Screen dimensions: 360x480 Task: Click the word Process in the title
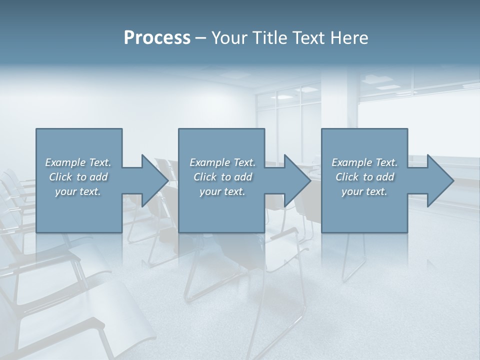(x=157, y=38)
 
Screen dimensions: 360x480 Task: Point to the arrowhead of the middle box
(x=296, y=180)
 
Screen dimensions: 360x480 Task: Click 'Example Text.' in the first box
(x=78, y=162)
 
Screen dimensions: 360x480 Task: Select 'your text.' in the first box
(x=78, y=191)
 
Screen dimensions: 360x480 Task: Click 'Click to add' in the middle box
(x=222, y=177)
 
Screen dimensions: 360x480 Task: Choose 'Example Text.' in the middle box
(x=222, y=162)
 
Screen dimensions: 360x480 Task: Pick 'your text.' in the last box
(x=364, y=191)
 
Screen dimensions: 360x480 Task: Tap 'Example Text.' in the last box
(x=364, y=162)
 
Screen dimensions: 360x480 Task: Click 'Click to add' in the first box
(x=78, y=177)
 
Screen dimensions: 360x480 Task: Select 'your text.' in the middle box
(x=222, y=191)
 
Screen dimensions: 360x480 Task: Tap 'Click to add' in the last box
(x=364, y=177)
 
